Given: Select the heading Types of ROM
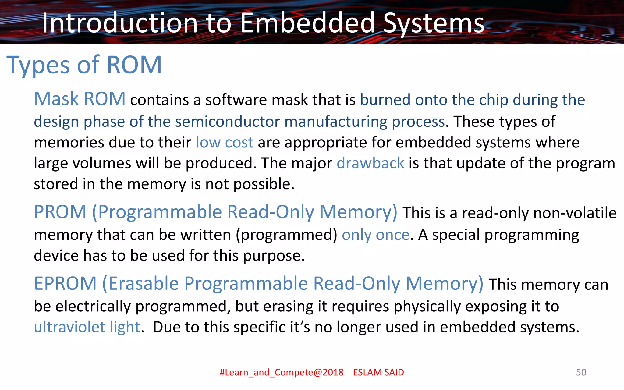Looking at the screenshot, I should tap(84, 65).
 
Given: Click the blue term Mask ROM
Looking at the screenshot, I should tap(80, 99).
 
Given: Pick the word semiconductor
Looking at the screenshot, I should tap(227, 122).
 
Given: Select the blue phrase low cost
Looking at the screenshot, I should tap(224, 142).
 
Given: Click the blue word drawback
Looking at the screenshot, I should tap(370, 163).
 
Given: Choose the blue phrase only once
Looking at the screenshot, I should tap(376, 235).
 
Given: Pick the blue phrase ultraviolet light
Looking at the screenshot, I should tap(87, 327).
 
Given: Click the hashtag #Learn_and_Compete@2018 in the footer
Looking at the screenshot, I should tap(282, 372).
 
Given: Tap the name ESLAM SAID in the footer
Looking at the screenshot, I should tap(378, 372).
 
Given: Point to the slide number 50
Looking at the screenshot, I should tap(581, 372).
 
